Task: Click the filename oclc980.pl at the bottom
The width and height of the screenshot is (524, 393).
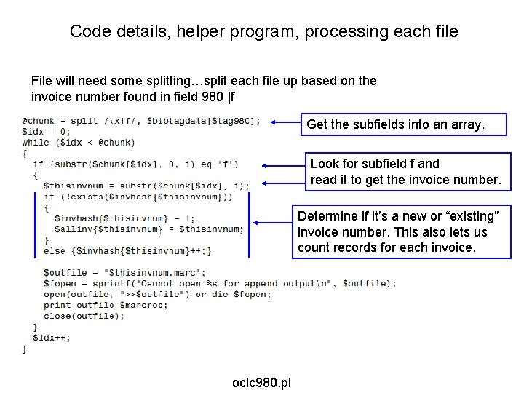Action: pyautogui.click(x=261, y=382)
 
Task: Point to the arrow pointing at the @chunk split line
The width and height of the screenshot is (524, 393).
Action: pyautogui.click(x=285, y=122)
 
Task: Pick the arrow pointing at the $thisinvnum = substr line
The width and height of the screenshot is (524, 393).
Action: pyautogui.click(x=283, y=184)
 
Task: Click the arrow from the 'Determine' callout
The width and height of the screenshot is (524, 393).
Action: pyautogui.click(x=271, y=223)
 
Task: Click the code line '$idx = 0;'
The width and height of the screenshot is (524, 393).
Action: pyautogui.click(x=47, y=132)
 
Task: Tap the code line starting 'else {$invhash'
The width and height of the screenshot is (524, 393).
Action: pyautogui.click(x=127, y=251)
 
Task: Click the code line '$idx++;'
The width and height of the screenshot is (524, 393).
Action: pyautogui.click(x=52, y=338)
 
